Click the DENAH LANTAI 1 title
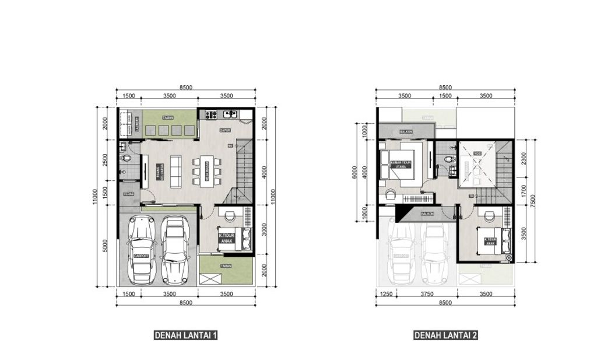point(186,335)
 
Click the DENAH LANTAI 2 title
point(445,335)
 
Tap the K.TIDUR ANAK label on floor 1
point(226,239)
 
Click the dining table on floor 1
point(206,170)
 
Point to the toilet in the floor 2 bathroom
point(448,159)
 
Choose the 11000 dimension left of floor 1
point(95,197)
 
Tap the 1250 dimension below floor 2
point(385,295)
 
